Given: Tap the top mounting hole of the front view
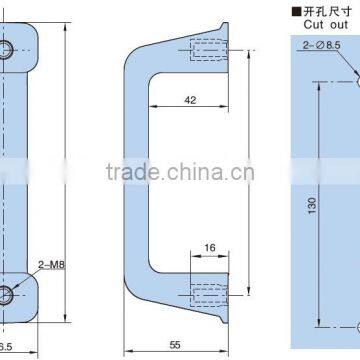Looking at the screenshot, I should [8, 49].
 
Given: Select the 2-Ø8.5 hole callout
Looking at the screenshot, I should [326, 44].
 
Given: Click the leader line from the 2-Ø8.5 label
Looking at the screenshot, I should [351, 60].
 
